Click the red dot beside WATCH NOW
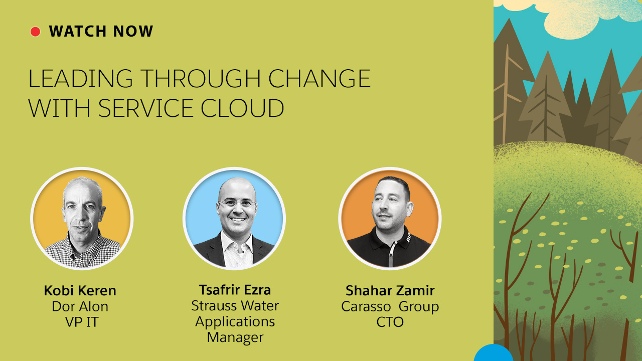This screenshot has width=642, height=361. point(35,32)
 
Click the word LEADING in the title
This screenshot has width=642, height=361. point(81,79)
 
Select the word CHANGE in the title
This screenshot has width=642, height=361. point(319,79)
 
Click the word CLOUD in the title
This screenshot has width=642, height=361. point(242,108)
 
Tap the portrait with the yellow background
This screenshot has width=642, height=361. point(82,219)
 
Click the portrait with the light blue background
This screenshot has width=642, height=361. point(234,219)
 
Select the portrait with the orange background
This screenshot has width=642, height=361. point(390,219)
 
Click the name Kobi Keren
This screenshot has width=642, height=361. point(80,290)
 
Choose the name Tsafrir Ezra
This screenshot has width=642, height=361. point(235,290)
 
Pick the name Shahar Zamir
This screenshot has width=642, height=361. point(390,290)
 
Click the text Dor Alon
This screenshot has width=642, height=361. point(80,306)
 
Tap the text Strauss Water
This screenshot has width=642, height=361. point(235,306)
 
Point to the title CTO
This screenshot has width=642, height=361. point(390,322)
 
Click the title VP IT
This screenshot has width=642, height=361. point(82,322)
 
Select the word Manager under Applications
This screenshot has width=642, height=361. point(235,337)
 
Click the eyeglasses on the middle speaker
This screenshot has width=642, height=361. point(237,204)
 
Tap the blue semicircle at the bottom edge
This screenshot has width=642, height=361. point(493,353)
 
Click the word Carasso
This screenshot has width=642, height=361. point(366,306)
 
